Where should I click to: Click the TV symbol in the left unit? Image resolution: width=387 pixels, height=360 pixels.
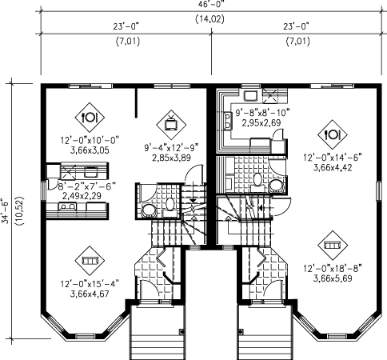(171, 125)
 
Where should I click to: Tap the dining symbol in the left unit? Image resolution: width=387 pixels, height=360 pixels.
(90, 118)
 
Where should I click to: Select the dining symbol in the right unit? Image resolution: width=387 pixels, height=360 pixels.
(333, 134)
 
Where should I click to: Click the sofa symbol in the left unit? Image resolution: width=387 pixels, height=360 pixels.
(90, 261)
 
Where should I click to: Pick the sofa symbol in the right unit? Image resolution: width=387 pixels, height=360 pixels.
(333, 246)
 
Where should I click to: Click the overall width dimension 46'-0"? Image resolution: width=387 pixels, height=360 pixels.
(210, 4)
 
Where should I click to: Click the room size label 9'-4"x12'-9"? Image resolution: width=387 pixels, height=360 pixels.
(171, 147)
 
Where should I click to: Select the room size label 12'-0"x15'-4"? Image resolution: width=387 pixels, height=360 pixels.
(90, 283)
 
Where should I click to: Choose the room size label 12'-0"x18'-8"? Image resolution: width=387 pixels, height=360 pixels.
(333, 268)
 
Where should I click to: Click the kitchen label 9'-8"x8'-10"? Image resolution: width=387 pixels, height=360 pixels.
(262, 112)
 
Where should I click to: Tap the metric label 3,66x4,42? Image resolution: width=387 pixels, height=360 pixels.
(333, 168)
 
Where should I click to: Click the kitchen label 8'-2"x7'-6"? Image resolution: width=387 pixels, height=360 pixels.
(87, 186)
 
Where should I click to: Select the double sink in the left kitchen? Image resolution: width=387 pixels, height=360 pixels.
(67, 206)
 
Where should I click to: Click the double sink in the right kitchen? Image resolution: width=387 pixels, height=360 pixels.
(227, 120)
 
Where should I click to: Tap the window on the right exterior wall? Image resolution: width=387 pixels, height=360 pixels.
(378, 191)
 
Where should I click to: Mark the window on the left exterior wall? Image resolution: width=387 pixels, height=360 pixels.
(43, 190)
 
